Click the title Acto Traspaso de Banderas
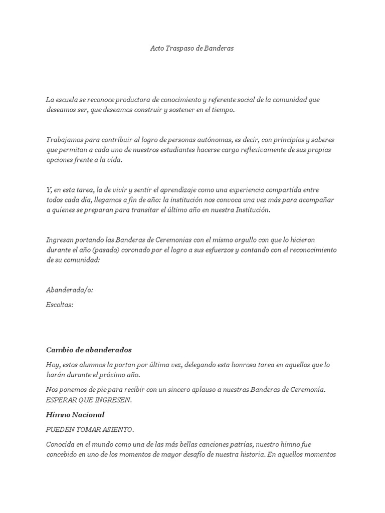[192, 49]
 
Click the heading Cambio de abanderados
[89, 350]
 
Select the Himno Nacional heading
[75, 415]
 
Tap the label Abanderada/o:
[70, 290]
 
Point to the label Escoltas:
[60, 305]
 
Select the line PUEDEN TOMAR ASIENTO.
[90, 430]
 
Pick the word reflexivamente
[260, 150]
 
